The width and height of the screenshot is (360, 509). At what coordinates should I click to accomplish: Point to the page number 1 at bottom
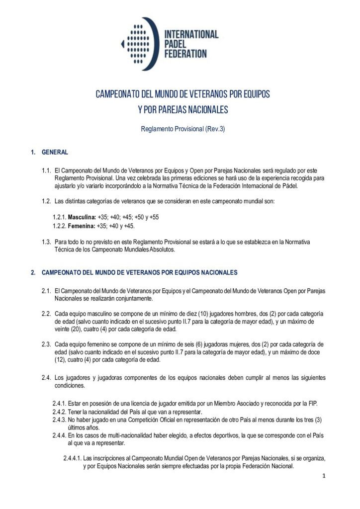[323, 476]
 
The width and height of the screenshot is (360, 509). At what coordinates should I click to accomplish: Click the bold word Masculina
[82, 218]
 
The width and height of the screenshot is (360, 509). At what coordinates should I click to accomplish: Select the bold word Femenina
[82, 226]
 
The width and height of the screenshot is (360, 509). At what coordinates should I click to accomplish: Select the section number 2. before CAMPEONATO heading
[33, 272]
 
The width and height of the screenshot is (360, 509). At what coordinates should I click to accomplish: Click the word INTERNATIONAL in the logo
[191, 34]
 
